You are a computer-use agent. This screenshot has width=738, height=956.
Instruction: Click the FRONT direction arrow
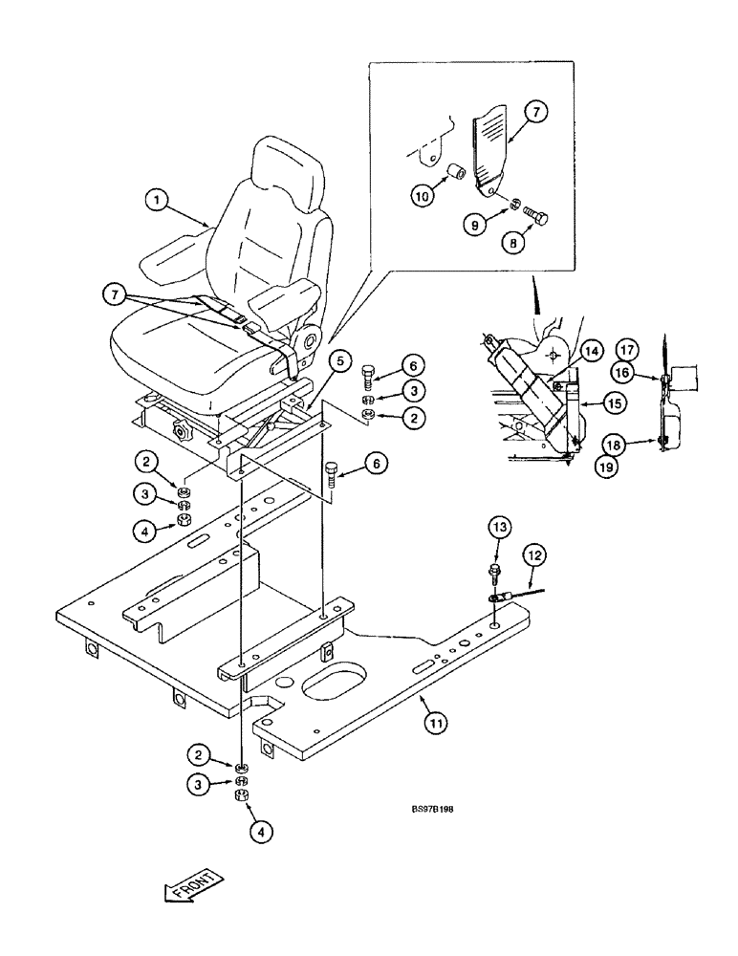coord(193,884)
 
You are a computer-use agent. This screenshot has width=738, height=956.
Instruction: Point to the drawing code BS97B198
coord(426,808)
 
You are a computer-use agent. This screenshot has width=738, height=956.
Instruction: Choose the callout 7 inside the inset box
coord(535,112)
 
